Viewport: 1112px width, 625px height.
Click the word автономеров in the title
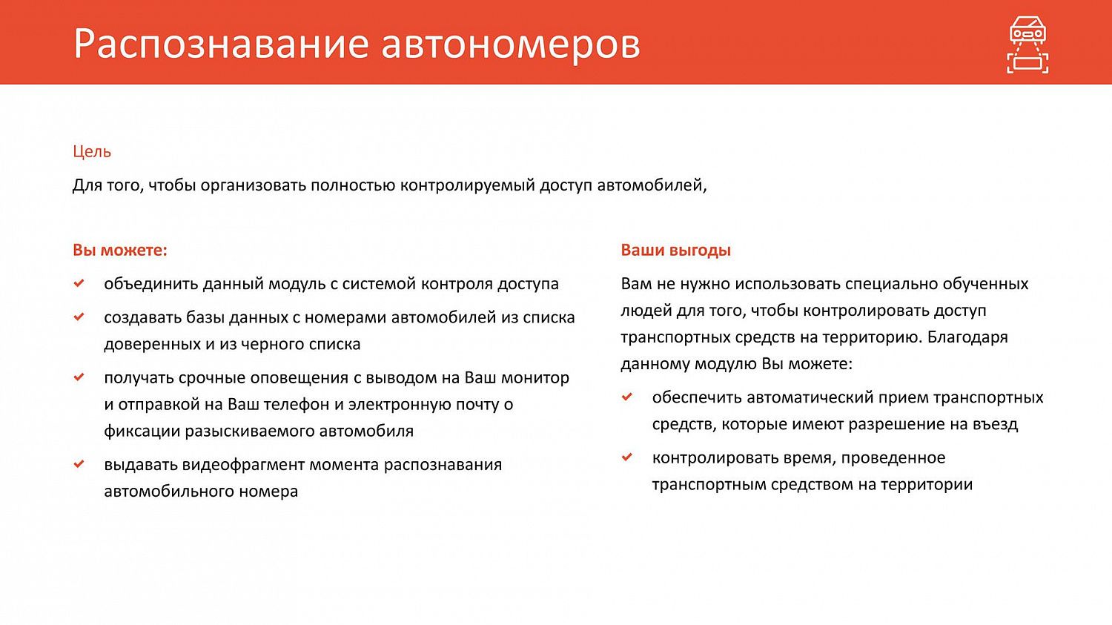(x=510, y=44)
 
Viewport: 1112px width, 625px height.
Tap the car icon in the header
(x=1027, y=45)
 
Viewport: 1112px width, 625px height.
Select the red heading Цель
(x=92, y=152)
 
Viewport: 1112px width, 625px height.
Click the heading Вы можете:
(x=120, y=251)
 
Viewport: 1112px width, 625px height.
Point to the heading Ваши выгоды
(x=675, y=251)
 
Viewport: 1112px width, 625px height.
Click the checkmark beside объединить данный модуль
(x=79, y=283)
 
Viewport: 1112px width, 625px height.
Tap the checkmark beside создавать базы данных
(x=79, y=317)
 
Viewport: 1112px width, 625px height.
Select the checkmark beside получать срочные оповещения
(x=79, y=377)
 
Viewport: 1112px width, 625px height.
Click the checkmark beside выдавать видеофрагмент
(x=79, y=464)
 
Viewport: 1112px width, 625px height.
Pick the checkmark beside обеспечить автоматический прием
(x=627, y=397)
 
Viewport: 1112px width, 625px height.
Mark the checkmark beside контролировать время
(x=627, y=457)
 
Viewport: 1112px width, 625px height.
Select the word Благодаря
(x=967, y=337)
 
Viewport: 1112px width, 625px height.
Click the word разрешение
(x=896, y=425)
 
